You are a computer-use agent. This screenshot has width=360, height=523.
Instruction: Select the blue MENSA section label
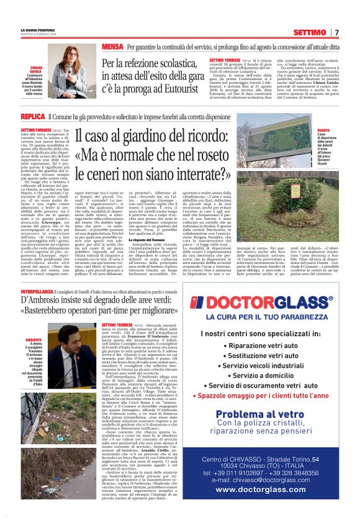pyautogui.click(x=112, y=47)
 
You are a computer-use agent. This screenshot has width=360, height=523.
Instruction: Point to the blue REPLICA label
pyautogui.click(x=33, y=116)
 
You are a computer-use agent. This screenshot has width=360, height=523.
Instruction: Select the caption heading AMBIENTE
pyautogui.click(x=34, y=340)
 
